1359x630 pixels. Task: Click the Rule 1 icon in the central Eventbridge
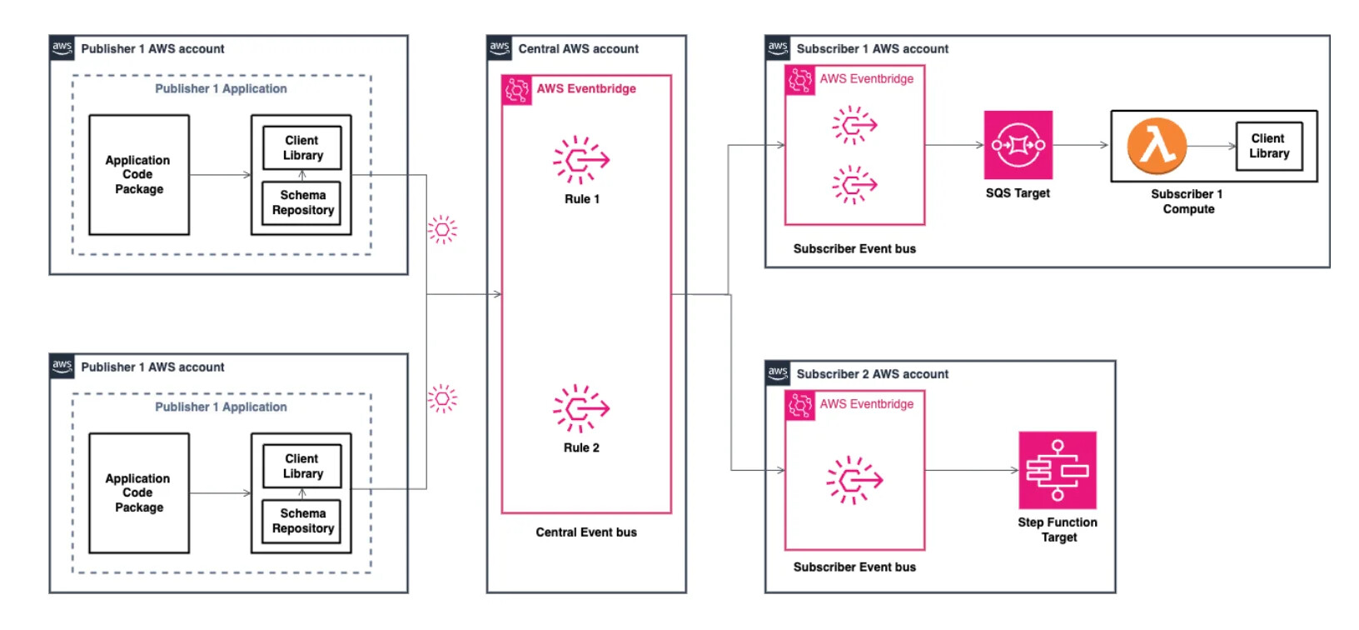[x=581, y=159]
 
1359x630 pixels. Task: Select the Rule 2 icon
[x=581, y=408]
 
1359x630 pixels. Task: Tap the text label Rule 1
[x=582, y=199]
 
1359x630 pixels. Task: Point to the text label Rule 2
[x=581, y=448]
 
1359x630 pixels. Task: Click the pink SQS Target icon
[x=1018, y=145]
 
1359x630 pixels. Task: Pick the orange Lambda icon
[x=1157, y=146]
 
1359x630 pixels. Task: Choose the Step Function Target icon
[x=1058, y=470]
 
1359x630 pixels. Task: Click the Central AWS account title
[x=578, y=49]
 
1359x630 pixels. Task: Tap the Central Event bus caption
[x=586, y=532]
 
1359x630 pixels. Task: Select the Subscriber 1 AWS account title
[x=872, y=49]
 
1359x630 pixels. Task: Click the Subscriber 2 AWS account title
[x=872, y=374]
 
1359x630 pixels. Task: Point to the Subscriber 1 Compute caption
[x=1187, y=202]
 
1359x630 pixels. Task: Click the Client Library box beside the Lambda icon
[x=1269, y=147]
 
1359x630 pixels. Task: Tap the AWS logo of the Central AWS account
[x=500, y=47]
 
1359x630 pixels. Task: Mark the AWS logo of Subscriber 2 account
[x=778, y=372]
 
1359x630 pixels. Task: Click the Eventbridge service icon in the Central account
[x=516, y=89]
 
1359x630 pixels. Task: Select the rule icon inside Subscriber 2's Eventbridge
[x=854, y=480]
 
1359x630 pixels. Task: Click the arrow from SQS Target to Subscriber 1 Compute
[x=1081, y=145]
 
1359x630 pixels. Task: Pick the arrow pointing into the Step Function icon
[x=973, y=470]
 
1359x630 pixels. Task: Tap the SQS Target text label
[x=1018, y=193]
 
